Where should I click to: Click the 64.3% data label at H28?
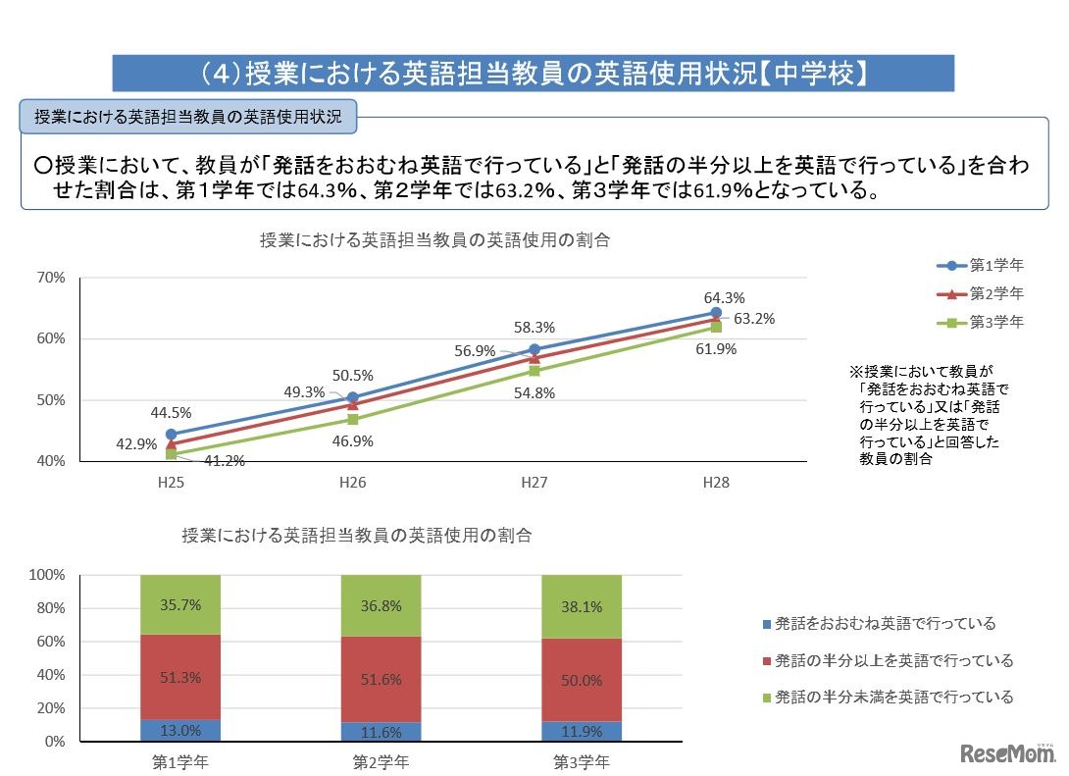(x=724, y=297)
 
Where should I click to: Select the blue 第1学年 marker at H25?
(x=171, y=434)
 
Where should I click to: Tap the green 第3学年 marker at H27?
(x=534, y=371)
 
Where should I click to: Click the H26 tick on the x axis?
(x=352, y=483)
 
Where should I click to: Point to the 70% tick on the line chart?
(x=51, y=278)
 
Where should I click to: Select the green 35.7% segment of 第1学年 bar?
(x=180, y=604)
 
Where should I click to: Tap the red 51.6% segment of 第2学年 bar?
(x=381, y=679)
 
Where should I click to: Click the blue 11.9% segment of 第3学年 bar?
(x=582, y=731)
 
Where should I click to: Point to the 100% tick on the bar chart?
(x=47, y=574)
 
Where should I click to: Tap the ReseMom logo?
(x=1006, y=753)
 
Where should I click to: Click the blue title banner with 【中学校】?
(x=534, y=74)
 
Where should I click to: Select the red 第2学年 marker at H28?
(x=716, y=319)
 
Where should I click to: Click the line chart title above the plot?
(x=435, y=240)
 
